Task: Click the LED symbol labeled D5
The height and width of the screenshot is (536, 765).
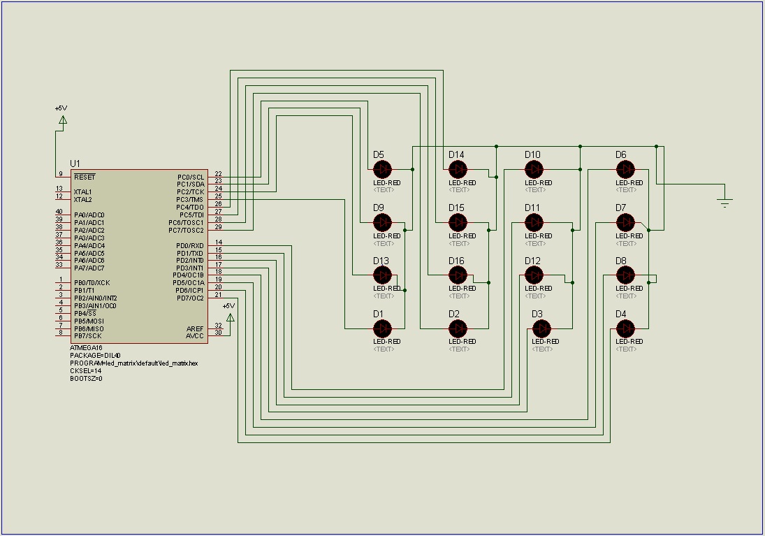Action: (x=381, y=169)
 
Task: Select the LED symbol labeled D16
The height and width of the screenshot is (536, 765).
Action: (x=457, y=275)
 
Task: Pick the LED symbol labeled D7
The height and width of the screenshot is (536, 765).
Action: (x=625, y=222)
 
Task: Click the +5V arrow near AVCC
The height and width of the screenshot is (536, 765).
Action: (x=230, y=318)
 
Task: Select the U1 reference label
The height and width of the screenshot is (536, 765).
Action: (x=75, y=163)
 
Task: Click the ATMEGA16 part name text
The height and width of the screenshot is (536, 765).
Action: (x=86, y=347)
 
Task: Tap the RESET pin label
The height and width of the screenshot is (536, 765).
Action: (x=85, y=178)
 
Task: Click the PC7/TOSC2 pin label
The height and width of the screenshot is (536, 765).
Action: (x=186, y=230)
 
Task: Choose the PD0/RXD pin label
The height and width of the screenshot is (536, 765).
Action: (x=190, y=245)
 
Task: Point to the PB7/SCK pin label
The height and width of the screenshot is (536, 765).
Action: (x=89, y=336)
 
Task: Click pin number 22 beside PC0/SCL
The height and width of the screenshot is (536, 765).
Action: (x=219, y=174)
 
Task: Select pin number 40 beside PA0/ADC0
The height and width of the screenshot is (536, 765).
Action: (x=59, y=212)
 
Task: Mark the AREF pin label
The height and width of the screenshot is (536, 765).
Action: (x=195, y=328)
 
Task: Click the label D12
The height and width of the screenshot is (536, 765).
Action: (x=532, y=261)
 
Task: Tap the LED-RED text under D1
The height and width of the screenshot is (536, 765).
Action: (x=386, y=341)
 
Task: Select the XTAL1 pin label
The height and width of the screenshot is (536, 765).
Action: (x=82, y=192)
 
